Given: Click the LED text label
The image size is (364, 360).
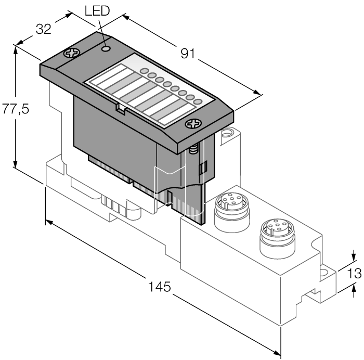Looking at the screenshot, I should point(97,11).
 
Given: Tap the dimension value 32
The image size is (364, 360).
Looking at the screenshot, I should point(43,30).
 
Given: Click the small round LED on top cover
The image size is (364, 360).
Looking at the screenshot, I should point(106,48).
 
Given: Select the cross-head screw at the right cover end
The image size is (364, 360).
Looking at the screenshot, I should point(193,124).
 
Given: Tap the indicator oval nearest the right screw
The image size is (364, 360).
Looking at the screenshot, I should point(197,101).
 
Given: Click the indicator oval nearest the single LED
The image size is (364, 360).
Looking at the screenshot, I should point(145,71).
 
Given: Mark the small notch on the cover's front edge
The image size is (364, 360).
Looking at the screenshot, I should point(119,109).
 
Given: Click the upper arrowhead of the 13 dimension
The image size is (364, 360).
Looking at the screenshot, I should point(354,256).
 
